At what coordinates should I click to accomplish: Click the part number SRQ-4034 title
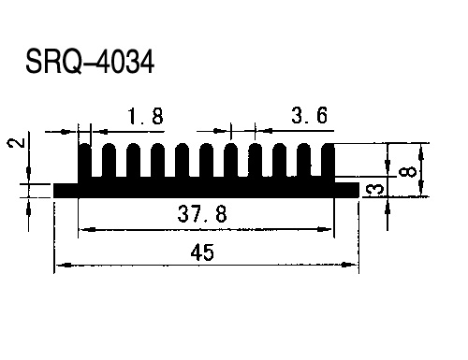point(90,62)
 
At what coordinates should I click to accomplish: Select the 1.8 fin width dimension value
point(145,116)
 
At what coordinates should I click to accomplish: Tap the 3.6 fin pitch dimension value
point(309,115)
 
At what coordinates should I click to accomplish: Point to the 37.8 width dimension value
point(202,213)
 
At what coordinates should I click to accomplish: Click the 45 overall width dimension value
point(202,252)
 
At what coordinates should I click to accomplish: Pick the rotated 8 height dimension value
point(407,171)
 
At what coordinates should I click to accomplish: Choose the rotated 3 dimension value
point(373,190)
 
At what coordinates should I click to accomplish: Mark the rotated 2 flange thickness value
point(16,143)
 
